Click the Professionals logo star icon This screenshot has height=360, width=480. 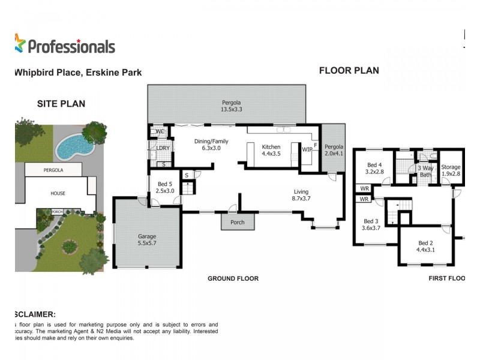click(x=20, y=43)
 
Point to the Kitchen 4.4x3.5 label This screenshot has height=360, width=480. click(x=271, y=150)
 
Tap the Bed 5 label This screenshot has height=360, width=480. click(x=164, y=187)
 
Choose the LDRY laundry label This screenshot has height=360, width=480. click(x=163, y=149)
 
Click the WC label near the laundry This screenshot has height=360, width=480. click(x=160, y=131)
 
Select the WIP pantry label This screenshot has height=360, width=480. click(x=307, y=149)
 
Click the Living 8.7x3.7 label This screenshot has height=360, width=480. click(x=301, y=195)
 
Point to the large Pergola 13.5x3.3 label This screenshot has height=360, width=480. click(x=232, y=106)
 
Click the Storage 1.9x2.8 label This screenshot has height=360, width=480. click(x=450, y=170)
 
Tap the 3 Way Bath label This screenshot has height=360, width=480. click(x=425, y=172)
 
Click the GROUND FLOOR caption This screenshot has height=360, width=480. click(x=233, y=278)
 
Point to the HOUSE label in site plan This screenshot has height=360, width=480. click(x=58, y=193)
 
